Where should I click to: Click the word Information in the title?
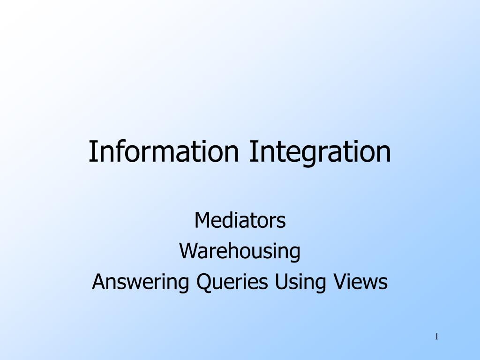[x=164, y=151]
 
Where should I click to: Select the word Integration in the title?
[x=320, y=153]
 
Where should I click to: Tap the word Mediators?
[x=240, y=220]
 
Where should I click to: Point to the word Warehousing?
[x=240, y=251]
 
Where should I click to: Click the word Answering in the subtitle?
[x=141, y=282]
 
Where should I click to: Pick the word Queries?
[x=232, y=282]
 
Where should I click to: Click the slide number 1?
[x=437, y=337]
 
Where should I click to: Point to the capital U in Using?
[x=281, y=282]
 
